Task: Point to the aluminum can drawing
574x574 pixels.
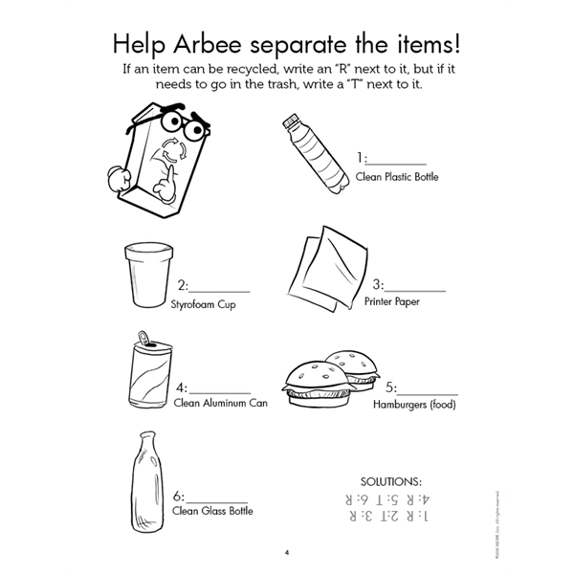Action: click(x=149, y=373)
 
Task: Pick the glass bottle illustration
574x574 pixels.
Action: click(x=147, y=478)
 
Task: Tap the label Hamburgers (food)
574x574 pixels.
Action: click(x=414, y=405)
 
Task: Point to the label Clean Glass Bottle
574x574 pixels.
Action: click(x=212, y=512)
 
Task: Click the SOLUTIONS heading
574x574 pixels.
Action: click(x=389, y=481)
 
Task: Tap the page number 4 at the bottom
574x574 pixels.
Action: click(x=286, y=552)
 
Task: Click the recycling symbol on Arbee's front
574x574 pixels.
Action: click(x=172, y=150)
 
